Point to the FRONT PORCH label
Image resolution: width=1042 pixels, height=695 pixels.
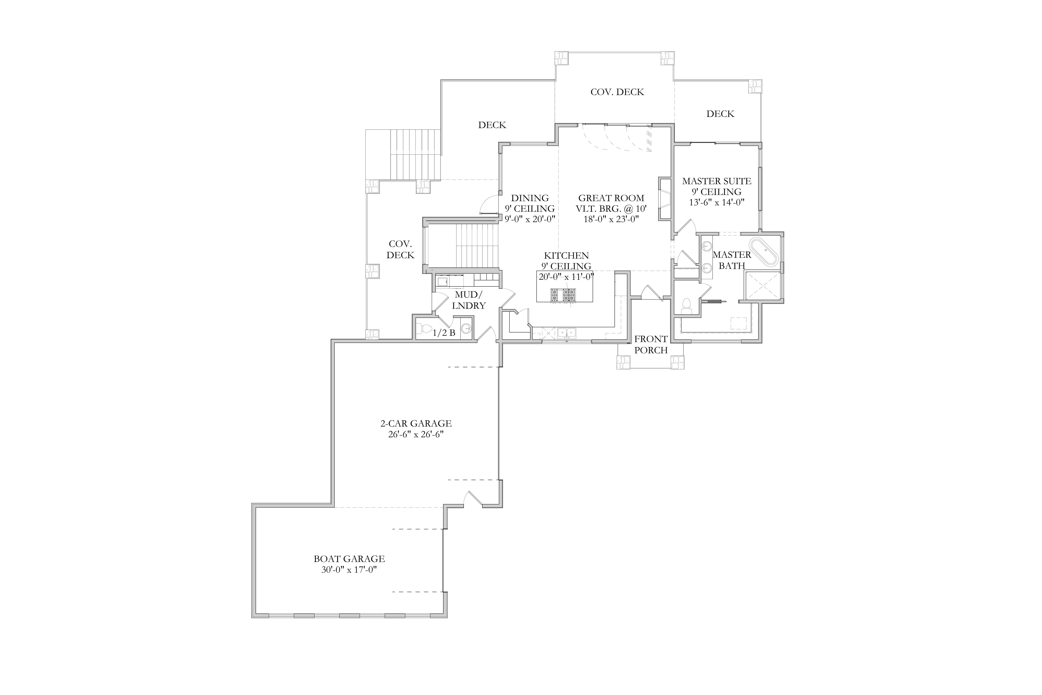[x=651, y=344]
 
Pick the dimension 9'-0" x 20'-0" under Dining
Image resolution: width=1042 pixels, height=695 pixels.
[x=530, y=219]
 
